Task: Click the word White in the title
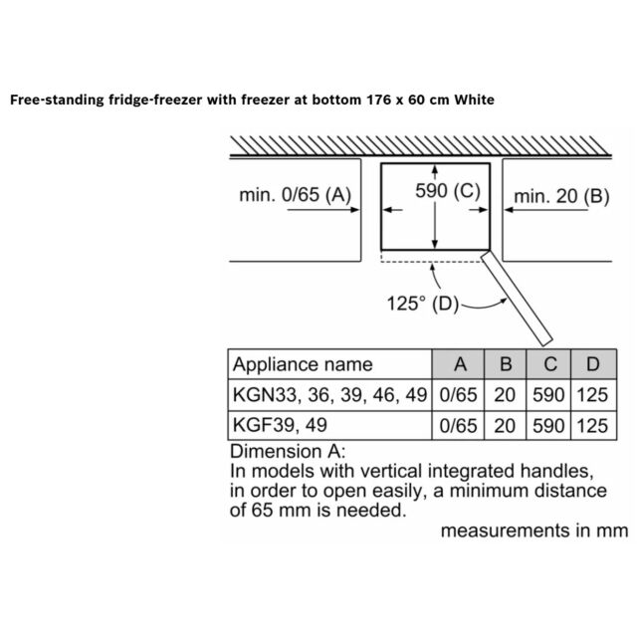474,100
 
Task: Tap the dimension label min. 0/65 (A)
295,195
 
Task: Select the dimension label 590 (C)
448,190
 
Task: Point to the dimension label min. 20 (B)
561,196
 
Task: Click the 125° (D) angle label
422,304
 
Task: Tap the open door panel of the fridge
517,298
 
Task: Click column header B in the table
506,364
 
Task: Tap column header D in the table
593,364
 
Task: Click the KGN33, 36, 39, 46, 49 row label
329,395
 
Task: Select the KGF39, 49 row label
280,425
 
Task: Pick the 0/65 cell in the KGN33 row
458,395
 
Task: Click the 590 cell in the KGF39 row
548,426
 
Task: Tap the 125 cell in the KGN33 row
592,395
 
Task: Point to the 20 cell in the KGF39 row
505,426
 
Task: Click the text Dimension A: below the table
288,451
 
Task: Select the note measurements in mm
534,531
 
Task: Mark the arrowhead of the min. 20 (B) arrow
509,210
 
